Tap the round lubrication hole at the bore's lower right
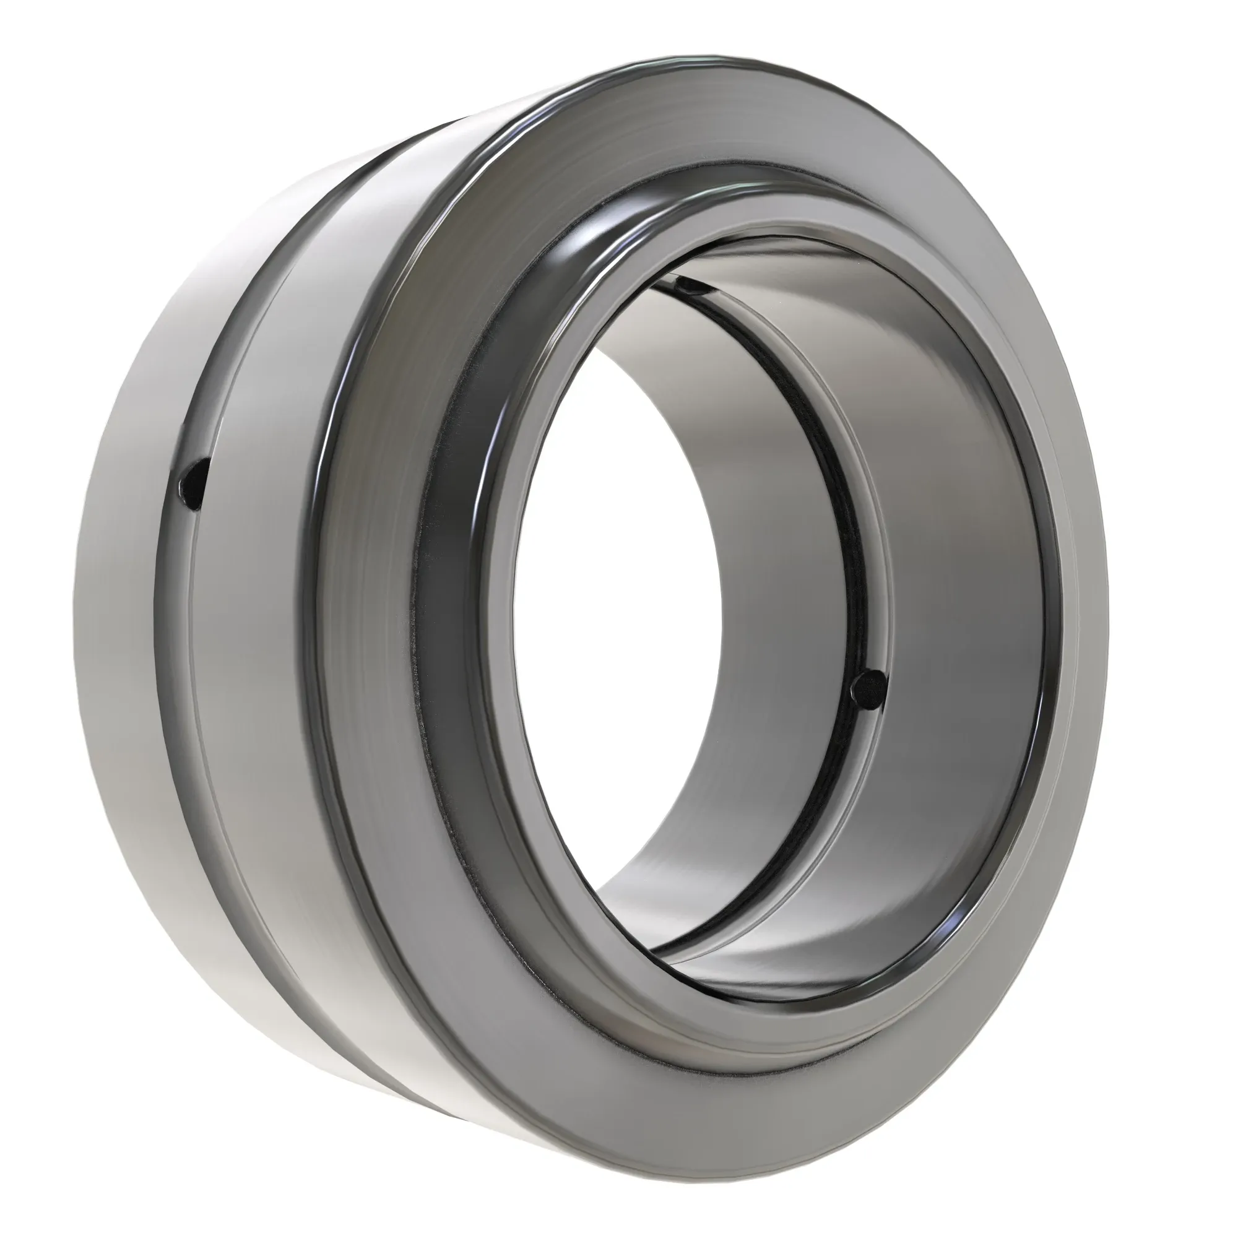(868, 690)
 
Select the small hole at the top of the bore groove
(689, 284)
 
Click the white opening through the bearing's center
(615, 577)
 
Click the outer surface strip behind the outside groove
(115, 641)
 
